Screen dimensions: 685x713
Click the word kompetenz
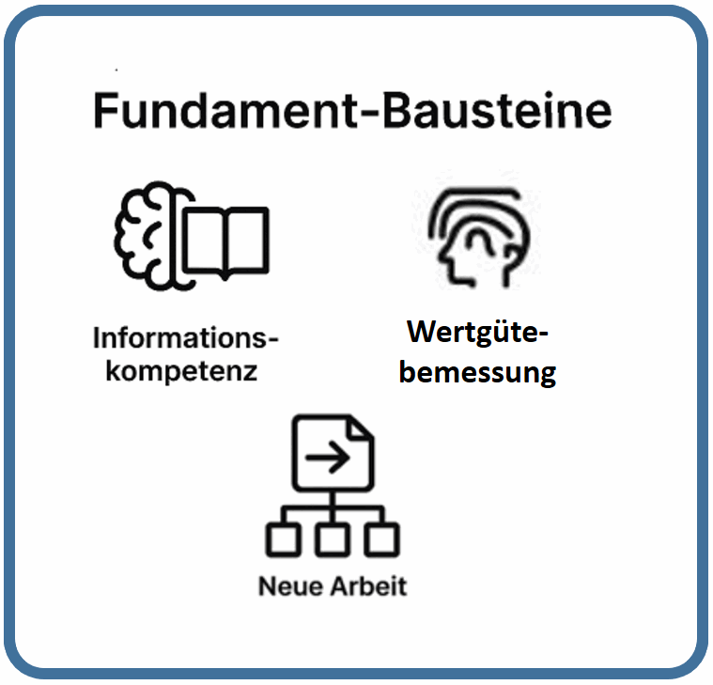(181, 369)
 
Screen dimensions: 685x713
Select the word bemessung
(477, 370)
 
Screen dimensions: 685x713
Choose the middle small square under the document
(332, 539)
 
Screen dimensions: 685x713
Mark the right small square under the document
(381, 539)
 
